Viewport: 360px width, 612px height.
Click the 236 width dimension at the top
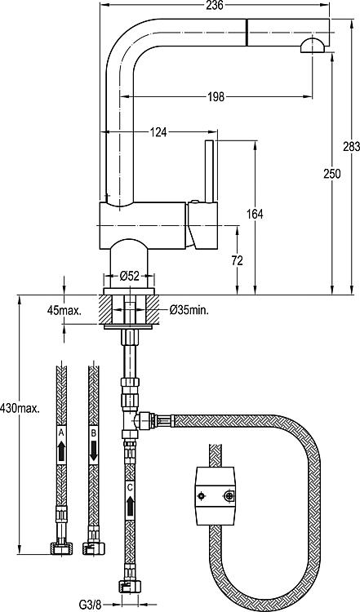point(216,5)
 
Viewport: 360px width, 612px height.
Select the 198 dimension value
point(216,96)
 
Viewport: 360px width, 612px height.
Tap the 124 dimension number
point(158,132)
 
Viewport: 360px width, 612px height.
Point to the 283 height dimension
point(351,147)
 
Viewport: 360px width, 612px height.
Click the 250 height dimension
point(332,174)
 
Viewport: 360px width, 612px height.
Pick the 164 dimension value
point(255,214)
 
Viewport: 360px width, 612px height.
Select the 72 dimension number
point(237,260)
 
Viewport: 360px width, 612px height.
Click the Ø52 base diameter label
point(129,277)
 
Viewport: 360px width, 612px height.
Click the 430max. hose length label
point(20,409)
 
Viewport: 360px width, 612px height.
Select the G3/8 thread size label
point(90,605)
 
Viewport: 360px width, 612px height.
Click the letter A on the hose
point(61,432)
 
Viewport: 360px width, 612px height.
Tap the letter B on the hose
point(93,432)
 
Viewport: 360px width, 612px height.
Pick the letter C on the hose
point(130,487)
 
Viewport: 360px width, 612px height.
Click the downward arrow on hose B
point(93,450)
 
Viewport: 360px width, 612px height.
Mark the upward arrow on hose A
point(61,450)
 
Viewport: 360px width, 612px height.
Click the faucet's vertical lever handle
point(210,171)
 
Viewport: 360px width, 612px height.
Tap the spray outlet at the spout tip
point(312,45)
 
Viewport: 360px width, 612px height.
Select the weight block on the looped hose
point(216,495)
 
